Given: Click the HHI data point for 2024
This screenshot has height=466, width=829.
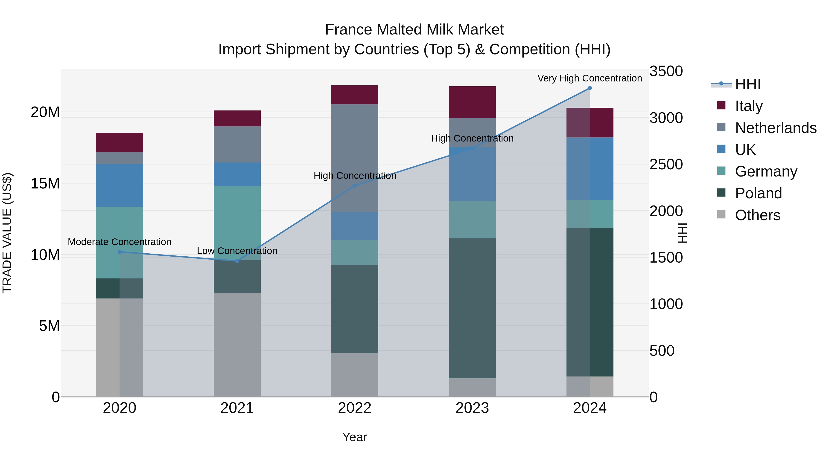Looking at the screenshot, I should [x=590, y=88].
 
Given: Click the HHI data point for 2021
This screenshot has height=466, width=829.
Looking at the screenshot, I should [x=237, y=261].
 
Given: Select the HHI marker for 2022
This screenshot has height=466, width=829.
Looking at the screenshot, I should [x=355, y=185].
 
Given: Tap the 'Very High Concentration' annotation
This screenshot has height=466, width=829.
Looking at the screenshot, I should [x=590, y=78].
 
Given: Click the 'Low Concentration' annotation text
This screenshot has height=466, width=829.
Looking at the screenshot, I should [x=237, y=251].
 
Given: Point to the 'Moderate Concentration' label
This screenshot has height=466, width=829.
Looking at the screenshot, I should [x=119, y=242].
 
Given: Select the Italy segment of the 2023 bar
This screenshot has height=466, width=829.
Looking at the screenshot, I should [x=472, y=102].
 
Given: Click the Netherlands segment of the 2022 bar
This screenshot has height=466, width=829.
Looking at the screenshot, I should [x=355, y=158].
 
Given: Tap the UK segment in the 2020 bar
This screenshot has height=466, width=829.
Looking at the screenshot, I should [x=119, y=185].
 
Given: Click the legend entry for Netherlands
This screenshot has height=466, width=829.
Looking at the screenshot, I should [x=776, y=128].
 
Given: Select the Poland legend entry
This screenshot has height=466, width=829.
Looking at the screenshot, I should [x=758, y=193].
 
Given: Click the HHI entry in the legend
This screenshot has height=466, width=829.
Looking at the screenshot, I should [x=747, y=84].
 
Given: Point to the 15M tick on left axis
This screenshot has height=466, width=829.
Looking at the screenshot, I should [x=45, y=183].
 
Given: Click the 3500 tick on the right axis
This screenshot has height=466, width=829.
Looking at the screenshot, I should [x=666, y=71].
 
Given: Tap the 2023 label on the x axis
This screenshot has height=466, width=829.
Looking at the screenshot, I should [x=472, y=408].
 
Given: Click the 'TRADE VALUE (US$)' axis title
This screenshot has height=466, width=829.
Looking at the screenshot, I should [x=7, y=233].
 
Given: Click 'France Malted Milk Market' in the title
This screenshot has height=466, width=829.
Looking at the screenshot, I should [x=414, y=30].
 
